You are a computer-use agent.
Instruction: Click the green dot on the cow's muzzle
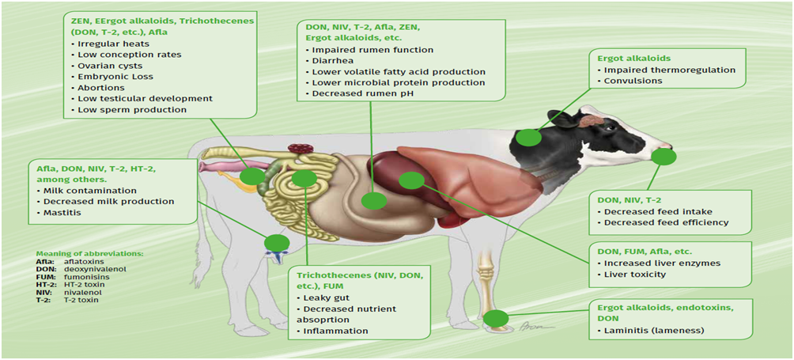[x=663, y=157]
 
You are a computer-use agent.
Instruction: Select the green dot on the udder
[x=277, y=244]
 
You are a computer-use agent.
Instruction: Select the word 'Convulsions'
[x=626, y=81]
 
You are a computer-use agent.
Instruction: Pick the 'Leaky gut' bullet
[x=324, y=297]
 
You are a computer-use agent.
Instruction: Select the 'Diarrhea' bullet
[x=330, y=61]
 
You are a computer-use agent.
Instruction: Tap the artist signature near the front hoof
[x=528, y=327]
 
